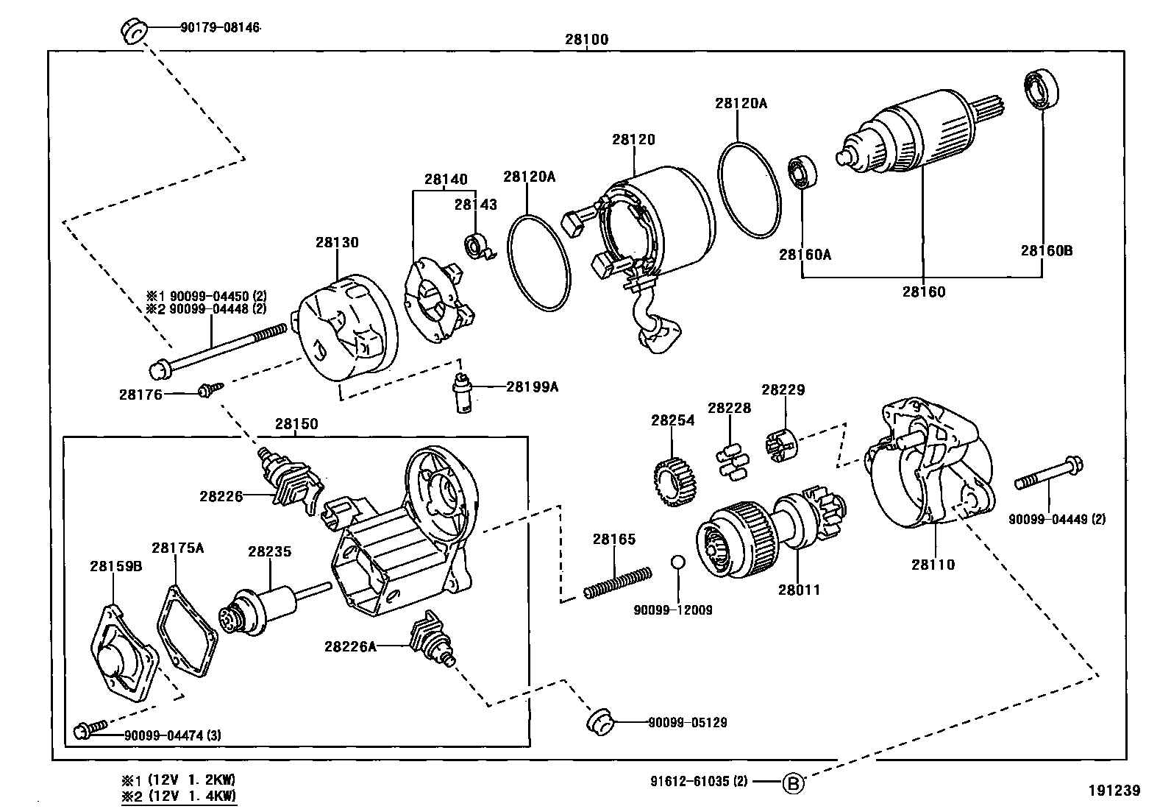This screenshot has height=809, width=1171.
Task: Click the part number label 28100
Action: pos(586,40)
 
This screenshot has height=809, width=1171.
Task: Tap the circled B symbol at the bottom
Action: pos(793,782)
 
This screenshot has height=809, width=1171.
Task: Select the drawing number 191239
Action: pos(1114,791)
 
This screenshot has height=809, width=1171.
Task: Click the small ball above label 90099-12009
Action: pos(677,563)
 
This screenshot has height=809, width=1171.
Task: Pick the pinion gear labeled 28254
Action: pos(673,483)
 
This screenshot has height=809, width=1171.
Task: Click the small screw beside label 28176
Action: pos(205,392)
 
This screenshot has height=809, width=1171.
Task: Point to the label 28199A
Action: pos(532,386)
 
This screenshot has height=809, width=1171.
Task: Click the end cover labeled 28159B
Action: pos(123,653)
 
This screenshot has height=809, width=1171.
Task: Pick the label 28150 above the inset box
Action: pos(296,424)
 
